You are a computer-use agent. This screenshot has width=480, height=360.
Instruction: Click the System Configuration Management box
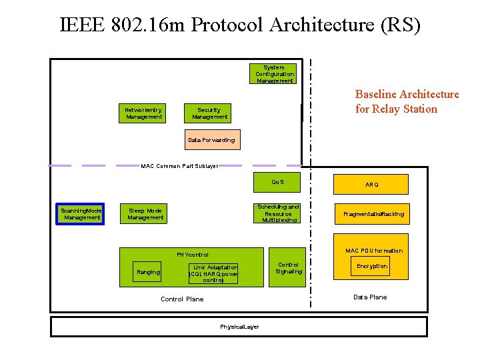274,74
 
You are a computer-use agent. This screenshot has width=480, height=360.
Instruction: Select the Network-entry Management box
144,113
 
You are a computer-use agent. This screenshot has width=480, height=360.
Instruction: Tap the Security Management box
210,113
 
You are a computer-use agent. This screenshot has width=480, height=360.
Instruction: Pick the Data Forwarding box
211,140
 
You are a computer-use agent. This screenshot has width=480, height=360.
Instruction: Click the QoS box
277,181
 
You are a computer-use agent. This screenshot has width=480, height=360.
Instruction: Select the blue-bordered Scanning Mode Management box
79,213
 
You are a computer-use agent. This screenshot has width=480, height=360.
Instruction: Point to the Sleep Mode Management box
145,213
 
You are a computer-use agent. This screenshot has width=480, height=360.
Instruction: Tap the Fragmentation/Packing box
373,214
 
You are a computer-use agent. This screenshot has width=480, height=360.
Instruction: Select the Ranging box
148,272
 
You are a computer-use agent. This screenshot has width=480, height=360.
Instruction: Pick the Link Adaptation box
214,273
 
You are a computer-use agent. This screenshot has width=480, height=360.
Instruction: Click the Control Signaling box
289,267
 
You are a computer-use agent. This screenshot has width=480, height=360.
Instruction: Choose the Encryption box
371,266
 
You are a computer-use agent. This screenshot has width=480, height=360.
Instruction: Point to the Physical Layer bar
239,327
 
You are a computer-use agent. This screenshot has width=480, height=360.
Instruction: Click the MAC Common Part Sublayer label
179,166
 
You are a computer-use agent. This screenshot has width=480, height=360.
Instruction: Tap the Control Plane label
182,299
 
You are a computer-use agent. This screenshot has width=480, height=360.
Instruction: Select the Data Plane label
370,297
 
